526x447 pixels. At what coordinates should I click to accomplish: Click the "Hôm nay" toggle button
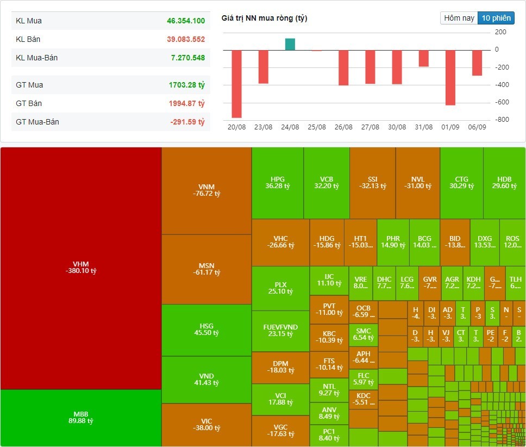459,18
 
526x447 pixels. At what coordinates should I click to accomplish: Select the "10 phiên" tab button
496,18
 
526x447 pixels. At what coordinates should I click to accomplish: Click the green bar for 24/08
290,44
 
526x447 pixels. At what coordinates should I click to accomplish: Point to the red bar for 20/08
236,84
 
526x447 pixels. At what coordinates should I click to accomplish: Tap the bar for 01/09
450,78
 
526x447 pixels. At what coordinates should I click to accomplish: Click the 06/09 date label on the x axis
477,127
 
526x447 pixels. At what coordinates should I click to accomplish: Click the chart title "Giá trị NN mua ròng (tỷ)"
264,18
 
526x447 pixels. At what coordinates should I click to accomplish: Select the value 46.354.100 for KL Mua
186,21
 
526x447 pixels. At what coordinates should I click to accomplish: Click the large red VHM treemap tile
80,268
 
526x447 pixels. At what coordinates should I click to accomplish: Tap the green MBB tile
80,418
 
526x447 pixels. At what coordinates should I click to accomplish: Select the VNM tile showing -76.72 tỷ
206,190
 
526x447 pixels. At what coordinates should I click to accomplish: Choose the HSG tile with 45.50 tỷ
206,330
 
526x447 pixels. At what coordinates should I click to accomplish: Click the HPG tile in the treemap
277,183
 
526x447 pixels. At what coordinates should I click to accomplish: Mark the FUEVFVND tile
280,330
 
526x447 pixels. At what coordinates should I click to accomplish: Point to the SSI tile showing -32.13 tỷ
372,183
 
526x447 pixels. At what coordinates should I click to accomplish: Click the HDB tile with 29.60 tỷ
504,183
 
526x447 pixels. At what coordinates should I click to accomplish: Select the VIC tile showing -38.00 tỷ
206,424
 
